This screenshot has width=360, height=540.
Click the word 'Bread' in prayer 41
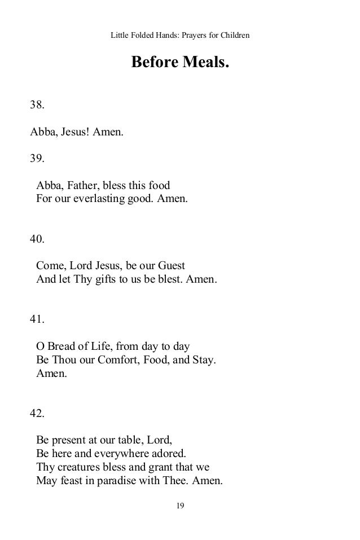(63, 346)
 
